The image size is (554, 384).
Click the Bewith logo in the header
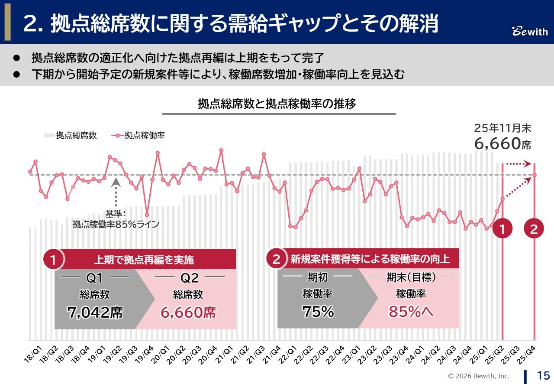[530, 32]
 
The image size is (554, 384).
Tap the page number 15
[543, 375]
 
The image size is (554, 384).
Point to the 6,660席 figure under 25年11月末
[502, 143]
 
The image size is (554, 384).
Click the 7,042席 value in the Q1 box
[95, 312]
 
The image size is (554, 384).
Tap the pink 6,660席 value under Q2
[188, 312]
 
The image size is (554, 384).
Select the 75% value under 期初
[318, 312]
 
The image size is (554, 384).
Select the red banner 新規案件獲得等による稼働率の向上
[370, 260]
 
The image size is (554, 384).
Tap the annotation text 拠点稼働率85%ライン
[116, 225]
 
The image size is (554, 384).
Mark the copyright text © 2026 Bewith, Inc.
[478, 376]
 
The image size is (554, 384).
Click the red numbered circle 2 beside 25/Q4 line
[534, 230]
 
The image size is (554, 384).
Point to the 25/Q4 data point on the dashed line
[535, 175]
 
